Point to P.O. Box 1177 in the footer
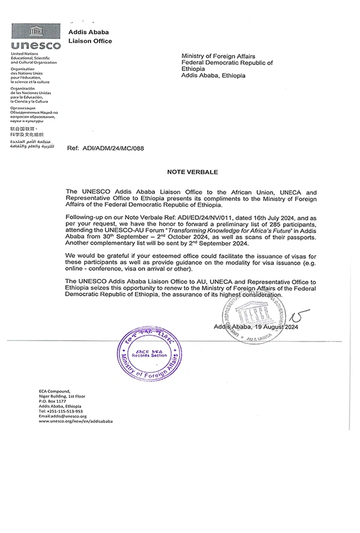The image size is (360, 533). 53,401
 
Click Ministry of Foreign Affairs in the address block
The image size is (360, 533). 214,56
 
